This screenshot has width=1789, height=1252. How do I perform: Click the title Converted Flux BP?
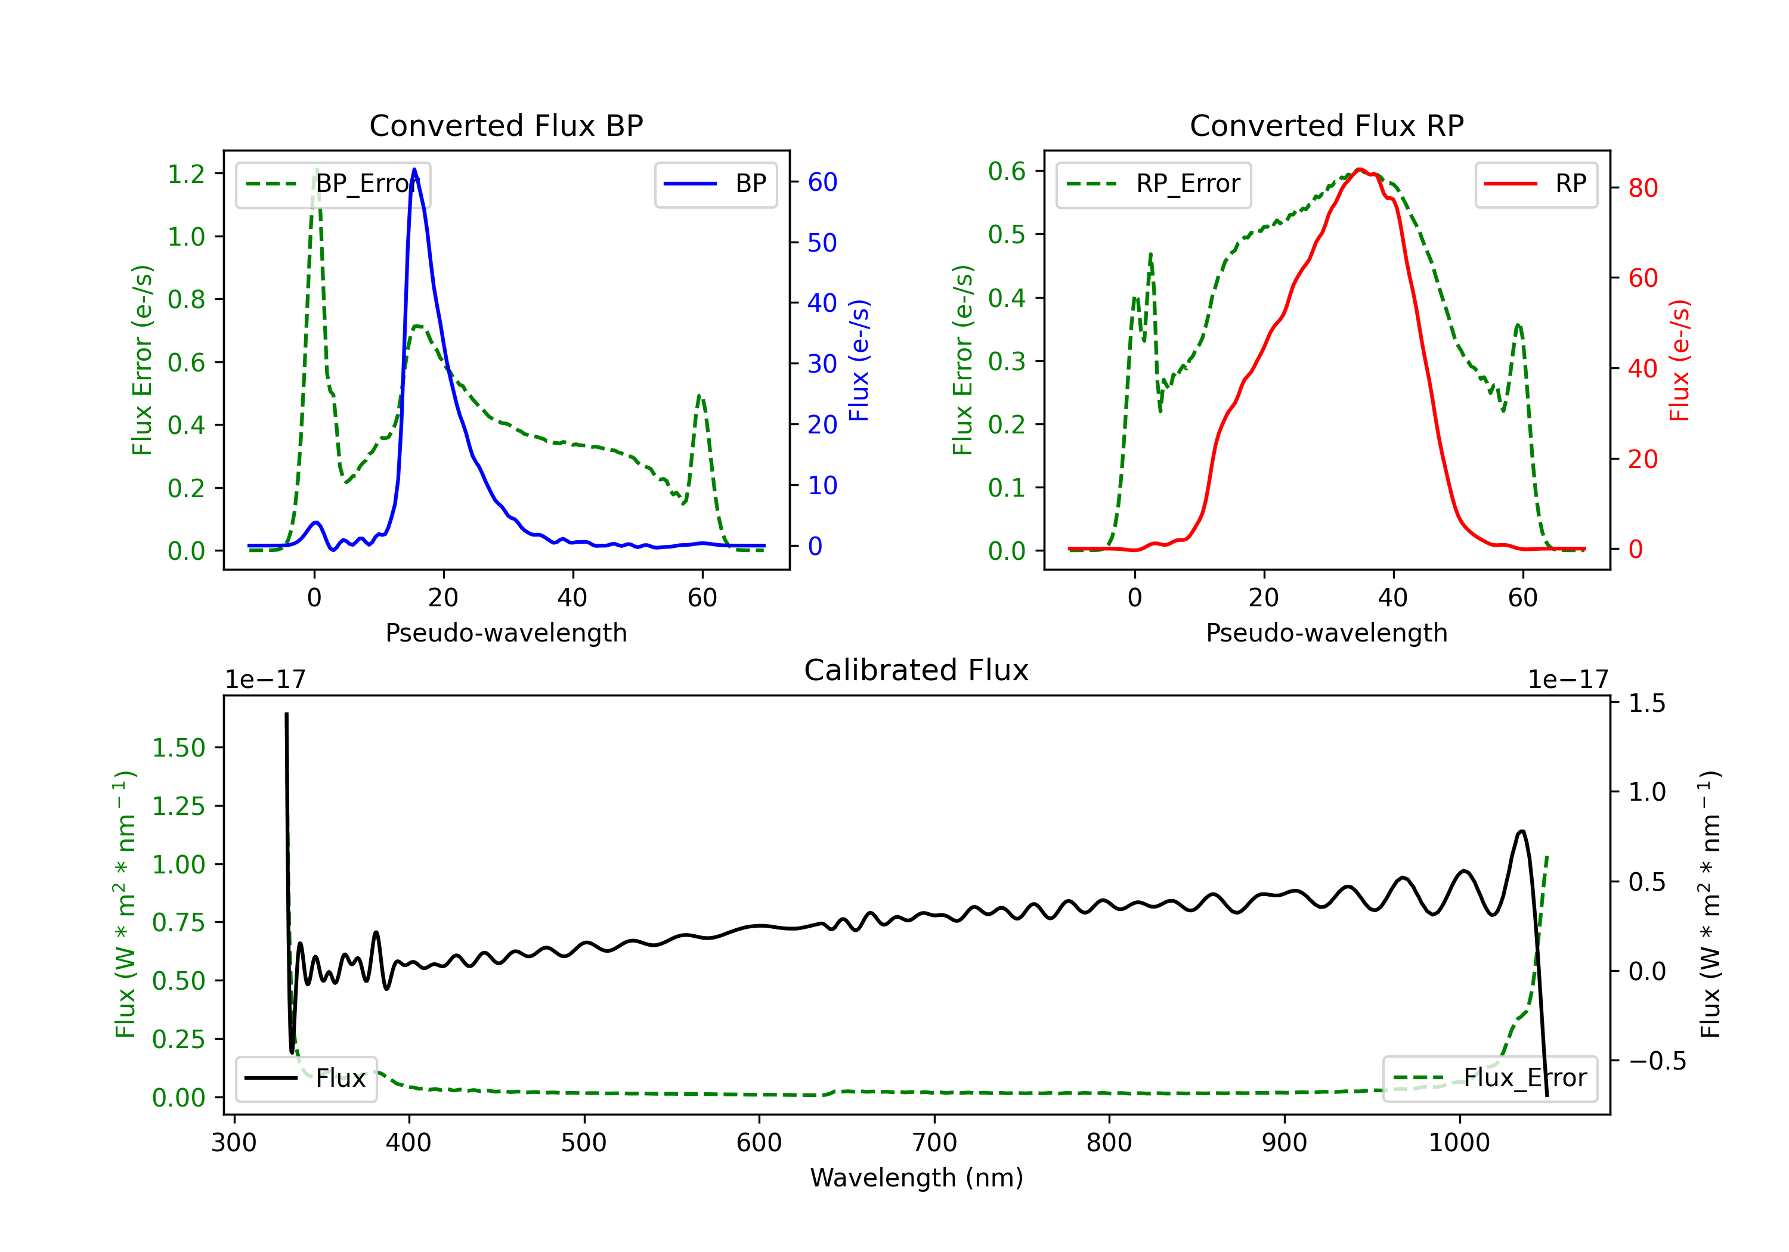(506, 125)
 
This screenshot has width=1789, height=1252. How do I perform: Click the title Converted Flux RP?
(1326, 125)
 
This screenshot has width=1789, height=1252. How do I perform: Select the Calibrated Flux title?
(917, 670)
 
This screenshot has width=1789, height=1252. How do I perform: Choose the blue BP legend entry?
(715, 184)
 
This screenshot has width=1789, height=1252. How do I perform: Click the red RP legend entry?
(1536, 184)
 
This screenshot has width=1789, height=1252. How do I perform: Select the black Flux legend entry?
(305, 1079)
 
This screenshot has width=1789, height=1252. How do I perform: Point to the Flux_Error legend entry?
(1490, 1079)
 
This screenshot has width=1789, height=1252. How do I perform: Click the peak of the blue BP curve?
(414, 169)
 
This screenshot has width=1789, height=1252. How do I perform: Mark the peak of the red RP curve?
(1359, 169)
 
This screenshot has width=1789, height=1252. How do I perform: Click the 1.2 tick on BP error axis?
(186, 173)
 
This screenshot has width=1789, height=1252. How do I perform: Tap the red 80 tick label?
(1642, 188)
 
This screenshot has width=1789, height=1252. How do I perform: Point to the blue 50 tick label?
(822, 243)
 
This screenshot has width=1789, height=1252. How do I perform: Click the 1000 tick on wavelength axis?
(1459, 1143)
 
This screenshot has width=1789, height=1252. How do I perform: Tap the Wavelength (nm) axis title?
(917, 1178)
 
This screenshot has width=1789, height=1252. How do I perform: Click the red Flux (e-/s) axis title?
(1679, 360)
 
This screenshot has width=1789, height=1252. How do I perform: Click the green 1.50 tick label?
(178, 748)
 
